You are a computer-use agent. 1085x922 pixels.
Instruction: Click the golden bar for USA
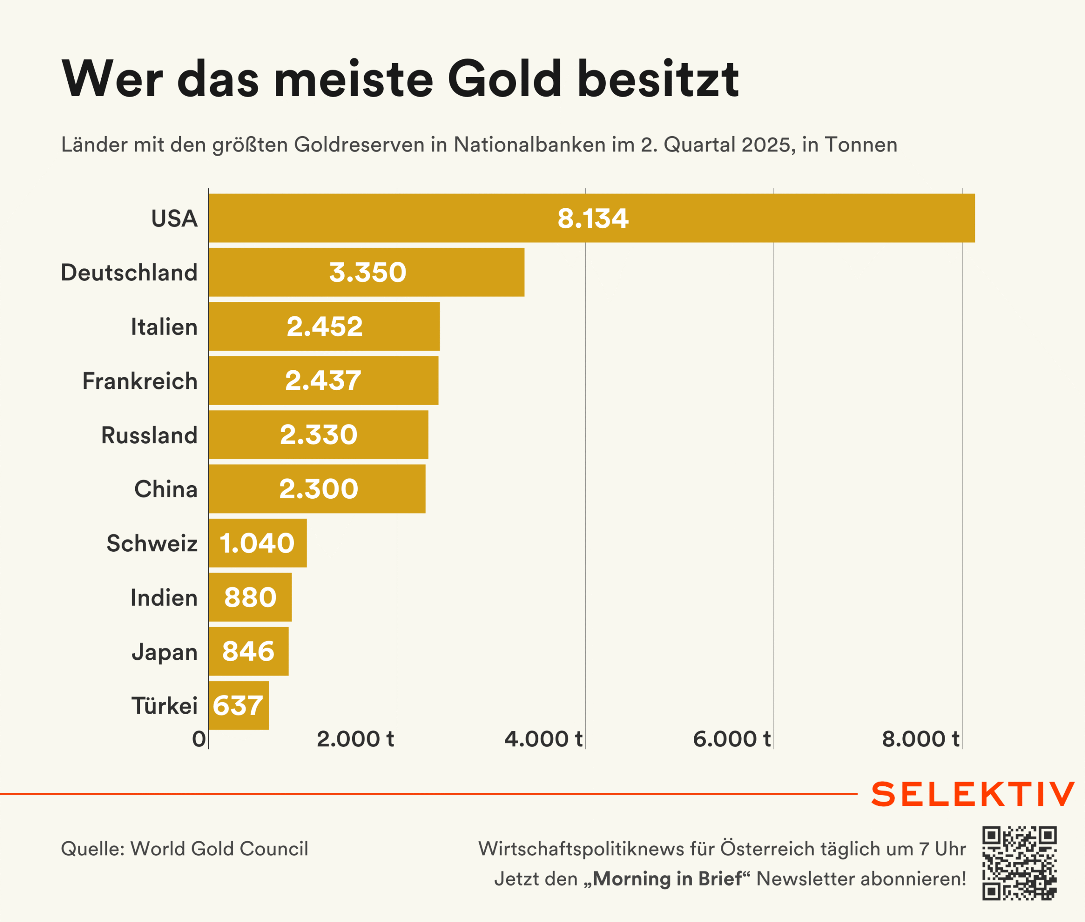pyautogui.click(x=591, y=218)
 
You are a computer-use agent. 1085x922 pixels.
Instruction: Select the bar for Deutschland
pyautogui.click(x=366, y=272)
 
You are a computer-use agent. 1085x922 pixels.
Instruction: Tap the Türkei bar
pyautogui.click(x=239, y=705)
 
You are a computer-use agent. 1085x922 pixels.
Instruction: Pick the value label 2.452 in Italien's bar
pyautogui.click(x=324, y=327)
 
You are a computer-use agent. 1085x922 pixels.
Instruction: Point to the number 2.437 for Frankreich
pyautogui.click(x=323, y=380)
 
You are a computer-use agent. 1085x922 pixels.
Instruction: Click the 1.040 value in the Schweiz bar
pyautogui.click(x=257, y=543)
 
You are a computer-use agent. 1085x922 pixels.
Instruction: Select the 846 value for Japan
pyautogui.click(x=248, y=651)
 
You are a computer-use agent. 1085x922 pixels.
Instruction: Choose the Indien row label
pyautogui.click(x=164, y=598)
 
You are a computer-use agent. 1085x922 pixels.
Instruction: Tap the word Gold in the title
pyautogui.click(x=504, y=79)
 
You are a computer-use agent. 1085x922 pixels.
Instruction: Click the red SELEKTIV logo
pyautogui.click(x=973, y=794)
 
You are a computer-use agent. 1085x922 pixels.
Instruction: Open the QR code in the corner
pyautogui.click(x=1019, y=863)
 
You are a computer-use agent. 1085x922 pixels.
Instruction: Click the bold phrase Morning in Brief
pyautogui.click(x=667, y=879)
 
